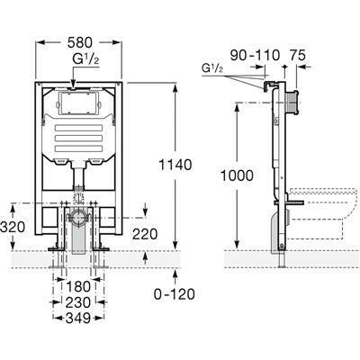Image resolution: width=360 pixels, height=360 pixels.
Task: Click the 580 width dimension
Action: (80, 42)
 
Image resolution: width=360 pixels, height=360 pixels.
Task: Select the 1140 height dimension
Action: (175, 165)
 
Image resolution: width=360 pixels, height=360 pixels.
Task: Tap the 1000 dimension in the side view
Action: (237, 175)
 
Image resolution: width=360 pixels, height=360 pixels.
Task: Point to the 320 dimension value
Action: (13, 228)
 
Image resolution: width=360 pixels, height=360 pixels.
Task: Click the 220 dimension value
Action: (145, 234)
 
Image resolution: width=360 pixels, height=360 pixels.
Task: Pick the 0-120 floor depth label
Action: (175, 294)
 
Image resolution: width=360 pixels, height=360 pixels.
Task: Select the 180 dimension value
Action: (78, 286)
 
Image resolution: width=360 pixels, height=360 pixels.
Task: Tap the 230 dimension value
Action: (78, 302)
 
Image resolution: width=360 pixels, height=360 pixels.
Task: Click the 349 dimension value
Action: (78, 318)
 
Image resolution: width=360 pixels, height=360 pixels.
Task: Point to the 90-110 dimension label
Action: (255, 55)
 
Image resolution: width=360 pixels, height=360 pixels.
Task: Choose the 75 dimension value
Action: (298, 55)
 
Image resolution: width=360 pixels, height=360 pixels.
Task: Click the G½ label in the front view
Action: (85, 58)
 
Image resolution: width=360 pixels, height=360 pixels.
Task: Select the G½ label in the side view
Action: (212, 68)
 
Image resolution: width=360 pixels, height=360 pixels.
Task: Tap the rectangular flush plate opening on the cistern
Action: (79, 103)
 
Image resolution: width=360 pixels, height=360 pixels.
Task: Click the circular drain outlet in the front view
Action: (80, 218)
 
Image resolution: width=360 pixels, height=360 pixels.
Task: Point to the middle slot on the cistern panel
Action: (78, 138)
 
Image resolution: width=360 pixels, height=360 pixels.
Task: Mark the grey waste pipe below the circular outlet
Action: (79, 239)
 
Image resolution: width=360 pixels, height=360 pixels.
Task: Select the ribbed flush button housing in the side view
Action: (292, 103)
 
